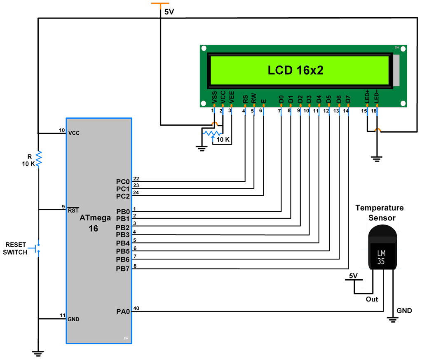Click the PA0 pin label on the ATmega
pos(123,312)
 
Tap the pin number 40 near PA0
pos(136,309)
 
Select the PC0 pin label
pos(123,182)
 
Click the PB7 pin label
pos(123,269)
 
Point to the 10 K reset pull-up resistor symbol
pos(38,159)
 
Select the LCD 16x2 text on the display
pos(295,70)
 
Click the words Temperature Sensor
pos(380,213)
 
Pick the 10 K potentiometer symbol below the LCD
pos(212,133)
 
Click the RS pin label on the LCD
pos(245,99)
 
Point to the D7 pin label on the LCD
pos(348,99)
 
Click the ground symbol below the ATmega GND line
pos(38,353)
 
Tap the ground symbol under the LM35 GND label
pos(393,320)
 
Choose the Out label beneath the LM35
pos(372,299)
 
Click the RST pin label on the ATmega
pos(73,210)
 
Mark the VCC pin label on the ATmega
pos(74,133)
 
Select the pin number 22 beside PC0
pos(136,179)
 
